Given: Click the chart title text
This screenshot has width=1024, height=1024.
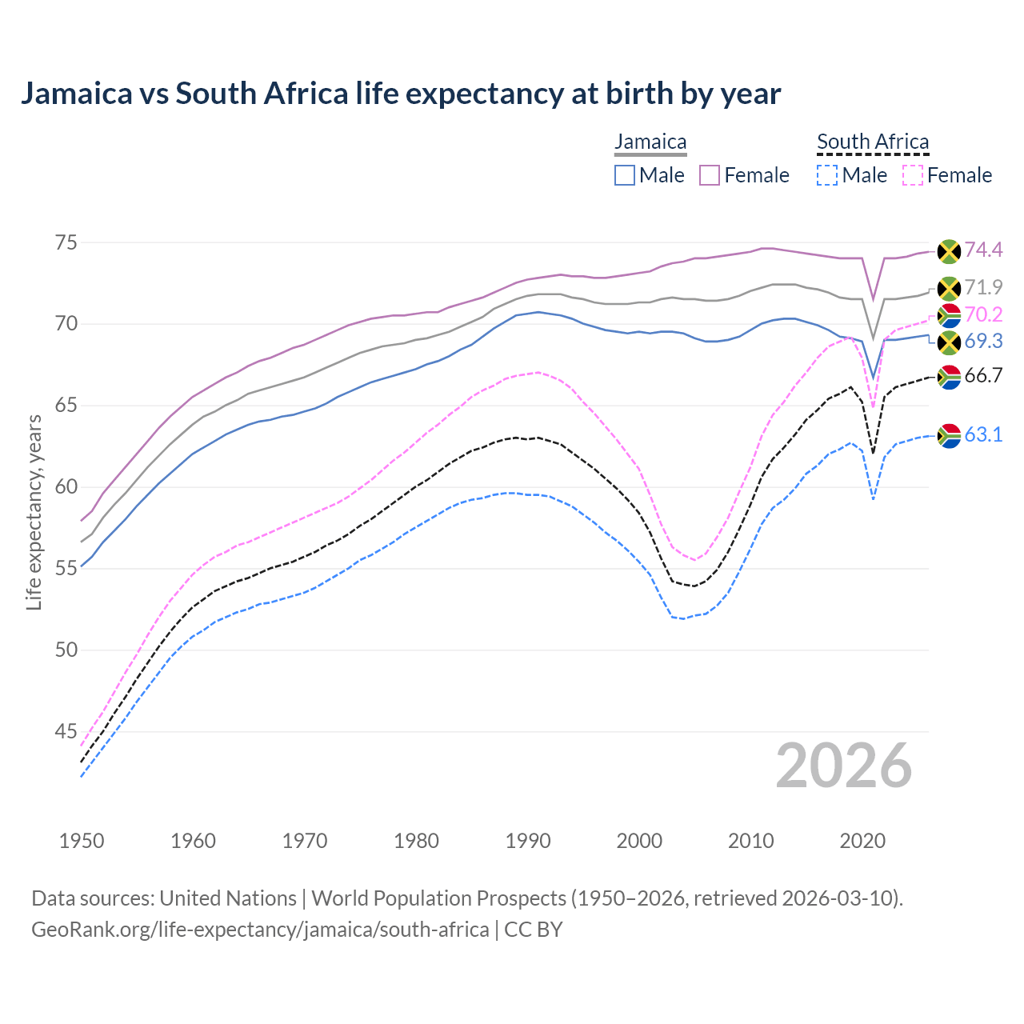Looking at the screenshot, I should pos(400,94).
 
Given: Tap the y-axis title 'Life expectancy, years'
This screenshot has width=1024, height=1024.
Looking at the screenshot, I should pos(34,512).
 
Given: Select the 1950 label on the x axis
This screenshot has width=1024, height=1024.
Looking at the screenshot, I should pos(82,841).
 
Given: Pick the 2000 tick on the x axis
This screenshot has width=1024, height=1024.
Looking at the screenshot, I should pos(639,841).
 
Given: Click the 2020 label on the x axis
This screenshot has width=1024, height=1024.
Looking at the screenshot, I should pos(862,841).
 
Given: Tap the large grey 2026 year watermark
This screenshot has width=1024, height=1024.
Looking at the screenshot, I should pos(844,766).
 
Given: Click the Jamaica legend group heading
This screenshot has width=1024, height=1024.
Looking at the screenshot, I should pos(650,142).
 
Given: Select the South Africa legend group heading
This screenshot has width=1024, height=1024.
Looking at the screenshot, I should pos(873,142).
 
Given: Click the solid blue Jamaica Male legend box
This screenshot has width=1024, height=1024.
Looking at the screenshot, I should pos(625,175).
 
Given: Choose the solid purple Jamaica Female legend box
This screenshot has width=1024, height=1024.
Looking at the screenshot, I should pos(710,175).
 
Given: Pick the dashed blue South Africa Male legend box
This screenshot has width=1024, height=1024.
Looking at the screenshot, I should pos(827,175).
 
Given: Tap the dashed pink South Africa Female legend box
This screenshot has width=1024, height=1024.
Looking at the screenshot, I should pos(912,175).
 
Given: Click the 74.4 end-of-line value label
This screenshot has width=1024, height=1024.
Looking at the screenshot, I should pos(983,250).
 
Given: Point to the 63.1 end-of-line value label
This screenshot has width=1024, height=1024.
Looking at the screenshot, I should pos(983,434).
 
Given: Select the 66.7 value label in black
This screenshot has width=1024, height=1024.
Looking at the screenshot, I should pos(983,376).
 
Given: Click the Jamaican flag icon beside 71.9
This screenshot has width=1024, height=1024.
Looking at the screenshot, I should pos(949,288).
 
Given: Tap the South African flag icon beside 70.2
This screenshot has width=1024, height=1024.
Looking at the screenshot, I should pos(949,315).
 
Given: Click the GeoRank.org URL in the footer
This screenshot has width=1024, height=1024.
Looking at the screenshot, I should pos(260,930).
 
